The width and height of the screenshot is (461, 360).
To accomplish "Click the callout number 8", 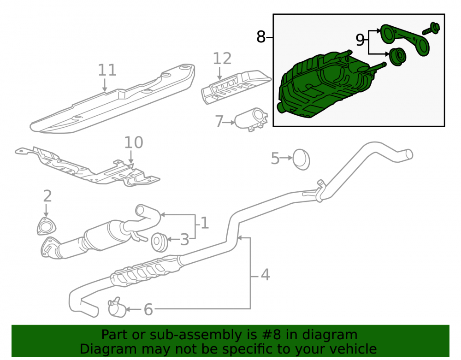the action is (x=261, y=37).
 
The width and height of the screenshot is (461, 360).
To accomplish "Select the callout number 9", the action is (x=360, y=40).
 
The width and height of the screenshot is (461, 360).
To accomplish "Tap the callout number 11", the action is (x=107, y=70).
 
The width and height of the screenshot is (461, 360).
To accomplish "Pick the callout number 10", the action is (x=134, y=142).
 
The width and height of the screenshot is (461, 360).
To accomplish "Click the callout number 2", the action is (x=47, y=196).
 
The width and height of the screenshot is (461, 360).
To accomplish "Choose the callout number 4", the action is (x=265, y=275).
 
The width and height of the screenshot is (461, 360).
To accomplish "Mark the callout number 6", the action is (x=148, y=309).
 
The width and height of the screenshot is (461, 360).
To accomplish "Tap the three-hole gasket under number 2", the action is (x=47, y=226).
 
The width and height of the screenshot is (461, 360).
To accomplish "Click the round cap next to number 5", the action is (x=301, y=159).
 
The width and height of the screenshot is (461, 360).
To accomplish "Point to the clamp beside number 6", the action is (x=117, y=307).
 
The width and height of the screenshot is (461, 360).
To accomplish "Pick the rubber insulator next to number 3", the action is (x=160, y=242).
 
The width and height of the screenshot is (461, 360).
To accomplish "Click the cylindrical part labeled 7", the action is (x=252, y=119).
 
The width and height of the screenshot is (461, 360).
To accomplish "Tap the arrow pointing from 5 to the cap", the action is (x=286, y=158).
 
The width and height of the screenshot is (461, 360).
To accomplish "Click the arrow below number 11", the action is (x=104, y=85).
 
